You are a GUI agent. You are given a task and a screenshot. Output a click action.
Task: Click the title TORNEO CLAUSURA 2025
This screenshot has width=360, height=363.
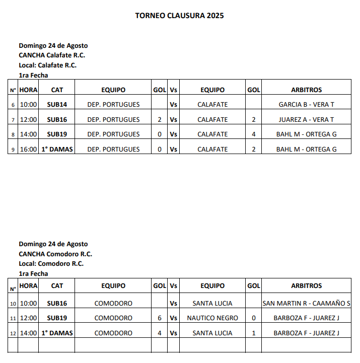pyautogui.click(x=179, y=15)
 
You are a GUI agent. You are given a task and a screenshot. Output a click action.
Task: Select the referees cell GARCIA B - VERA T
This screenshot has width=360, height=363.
pyautogui.click(x=306, y=105)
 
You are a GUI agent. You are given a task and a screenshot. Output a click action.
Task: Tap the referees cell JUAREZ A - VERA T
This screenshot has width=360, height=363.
pyautogui.click(x=306, y=120)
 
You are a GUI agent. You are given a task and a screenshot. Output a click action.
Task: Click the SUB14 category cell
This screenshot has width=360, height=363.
pyautogui.click(x=57, y=105)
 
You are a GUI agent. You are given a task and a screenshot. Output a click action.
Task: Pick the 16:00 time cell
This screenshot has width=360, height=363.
pyautogui.click(x=29, y=150)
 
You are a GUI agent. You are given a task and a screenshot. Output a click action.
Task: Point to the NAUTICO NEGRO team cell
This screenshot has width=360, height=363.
pyautogui.click(x=212, y=318)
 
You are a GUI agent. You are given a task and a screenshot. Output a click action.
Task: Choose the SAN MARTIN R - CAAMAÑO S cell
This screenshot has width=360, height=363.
pyautogui.click(x=306, y=304)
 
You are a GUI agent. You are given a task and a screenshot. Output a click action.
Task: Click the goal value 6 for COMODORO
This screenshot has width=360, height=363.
pyautogui.click(x=160, y=318)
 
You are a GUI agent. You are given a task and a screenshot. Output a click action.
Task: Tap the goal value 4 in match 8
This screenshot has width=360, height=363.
pyautogui.click(x=254, y=134)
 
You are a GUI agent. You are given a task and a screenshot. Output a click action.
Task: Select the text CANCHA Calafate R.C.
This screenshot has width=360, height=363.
pyautogui.click(x=52, y=55)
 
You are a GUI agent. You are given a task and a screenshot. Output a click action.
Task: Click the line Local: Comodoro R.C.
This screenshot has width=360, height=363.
pyautogui.click(x=51, y=263)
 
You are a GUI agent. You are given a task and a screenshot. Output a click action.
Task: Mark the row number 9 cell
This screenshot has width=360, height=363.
pyautogui.click(x=13, y=150)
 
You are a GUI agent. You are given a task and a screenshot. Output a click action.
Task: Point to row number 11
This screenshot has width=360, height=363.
pyautogui.click(x=13, y=319)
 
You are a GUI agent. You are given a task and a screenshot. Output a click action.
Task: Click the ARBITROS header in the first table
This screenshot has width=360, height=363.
pyautogui.click(x=306, y=90)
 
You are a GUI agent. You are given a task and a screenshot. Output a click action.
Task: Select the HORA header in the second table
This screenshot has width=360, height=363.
pyautogui.click(x=29, y=285)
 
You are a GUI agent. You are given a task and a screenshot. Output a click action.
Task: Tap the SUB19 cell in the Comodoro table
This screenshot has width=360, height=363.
pyautogui.click(x=57, y=318)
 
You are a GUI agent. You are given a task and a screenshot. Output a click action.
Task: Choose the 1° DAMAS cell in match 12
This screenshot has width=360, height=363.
pyautogui.click(x=57, y=333)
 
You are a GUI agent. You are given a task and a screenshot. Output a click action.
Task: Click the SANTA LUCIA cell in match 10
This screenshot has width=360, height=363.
pyautogui.click(x=212, y=304)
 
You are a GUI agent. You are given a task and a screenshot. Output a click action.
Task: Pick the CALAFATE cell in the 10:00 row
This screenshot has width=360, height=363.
pyautogui.click(x=212, y=105)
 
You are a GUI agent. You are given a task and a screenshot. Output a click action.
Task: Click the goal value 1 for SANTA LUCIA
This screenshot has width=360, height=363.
pyautogui.click(x=254, y=333)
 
